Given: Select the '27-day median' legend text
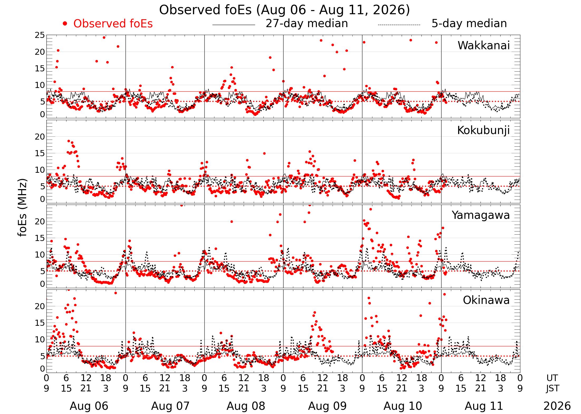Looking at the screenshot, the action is [307, 24].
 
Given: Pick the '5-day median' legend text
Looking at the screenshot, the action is [469, 24].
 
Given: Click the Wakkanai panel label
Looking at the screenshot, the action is [484, 46].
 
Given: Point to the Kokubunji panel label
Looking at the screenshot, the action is [483, 130].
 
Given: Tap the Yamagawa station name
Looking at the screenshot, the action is [481, 215].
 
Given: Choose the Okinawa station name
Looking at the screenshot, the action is [486, 300].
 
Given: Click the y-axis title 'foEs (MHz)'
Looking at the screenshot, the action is [23, 208].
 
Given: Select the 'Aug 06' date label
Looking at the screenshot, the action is [89, 406].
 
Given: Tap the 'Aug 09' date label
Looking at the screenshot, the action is [327, 406].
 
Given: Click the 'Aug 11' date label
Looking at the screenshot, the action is [484, 406].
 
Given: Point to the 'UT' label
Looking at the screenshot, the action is [552, 378].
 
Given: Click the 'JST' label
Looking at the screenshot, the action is [553, 388].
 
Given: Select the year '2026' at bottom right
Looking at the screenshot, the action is [557, 406].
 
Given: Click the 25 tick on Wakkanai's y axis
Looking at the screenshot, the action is [40, 35].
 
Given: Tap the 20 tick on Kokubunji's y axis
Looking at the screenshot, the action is [40, 137].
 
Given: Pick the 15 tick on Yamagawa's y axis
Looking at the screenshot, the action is [40, 238].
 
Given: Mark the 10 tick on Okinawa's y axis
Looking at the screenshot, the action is [40, 340].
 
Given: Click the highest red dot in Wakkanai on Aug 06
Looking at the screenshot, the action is [104, 37].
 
